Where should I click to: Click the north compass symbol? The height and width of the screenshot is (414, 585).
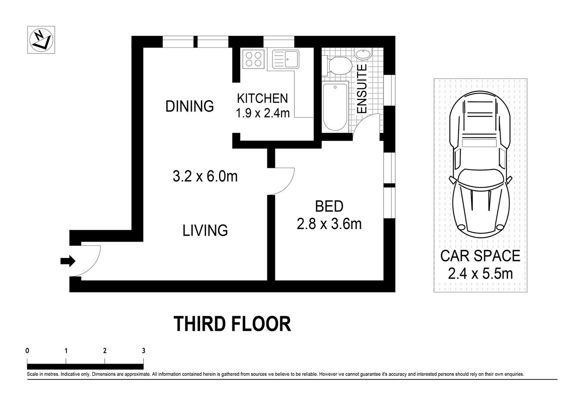pos(41,40)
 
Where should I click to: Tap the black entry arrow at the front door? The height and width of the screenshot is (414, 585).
pos(68,261)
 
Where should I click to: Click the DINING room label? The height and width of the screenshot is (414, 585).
pos(189,106)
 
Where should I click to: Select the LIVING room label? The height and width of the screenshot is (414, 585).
pos(205,230)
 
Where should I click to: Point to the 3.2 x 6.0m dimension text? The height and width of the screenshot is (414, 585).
pos(205,176)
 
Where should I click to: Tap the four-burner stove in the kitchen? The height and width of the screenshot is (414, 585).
pos(253,59)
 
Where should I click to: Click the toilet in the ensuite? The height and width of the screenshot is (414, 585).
pos(338,66)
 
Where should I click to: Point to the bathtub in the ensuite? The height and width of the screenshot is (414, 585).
pos(335,107)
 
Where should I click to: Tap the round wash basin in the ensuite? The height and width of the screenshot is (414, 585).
pos(363,54)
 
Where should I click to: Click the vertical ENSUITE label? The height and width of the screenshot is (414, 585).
pos(362,89)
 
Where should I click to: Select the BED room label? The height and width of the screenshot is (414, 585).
pos(329,207)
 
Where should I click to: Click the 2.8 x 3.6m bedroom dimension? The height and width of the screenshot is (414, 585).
pos(329,224)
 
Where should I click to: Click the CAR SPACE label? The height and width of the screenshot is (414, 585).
pos(480,256)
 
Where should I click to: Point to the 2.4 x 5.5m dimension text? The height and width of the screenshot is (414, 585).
pos(480,273)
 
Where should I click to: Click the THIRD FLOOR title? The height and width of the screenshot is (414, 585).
pos(232,324)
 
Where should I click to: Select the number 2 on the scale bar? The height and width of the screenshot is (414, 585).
pos(105,351)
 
